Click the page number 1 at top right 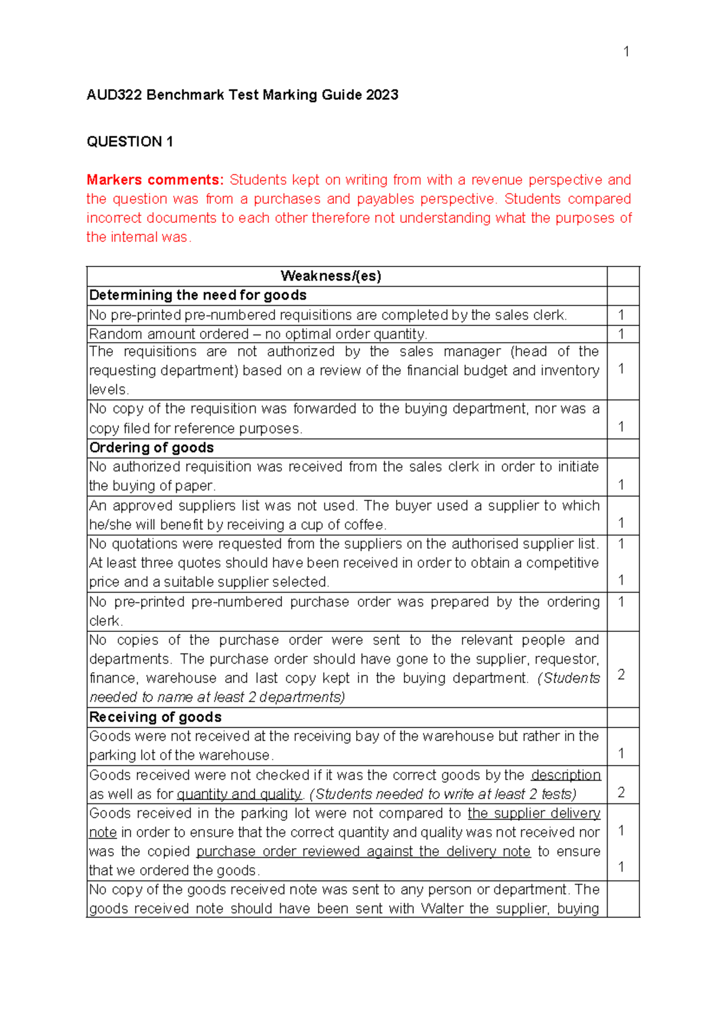point(626,52)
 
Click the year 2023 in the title point(382,95)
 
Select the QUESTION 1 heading point(130,142)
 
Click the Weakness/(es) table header point(330,276)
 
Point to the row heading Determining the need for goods point(198,295)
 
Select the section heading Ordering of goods point(151,447)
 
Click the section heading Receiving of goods point(155,717)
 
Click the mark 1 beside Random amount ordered point(621,334)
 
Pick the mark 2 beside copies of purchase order point(621,674)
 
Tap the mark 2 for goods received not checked point(621,792)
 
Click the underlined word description point(566,775)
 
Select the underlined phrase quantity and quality point(240,794)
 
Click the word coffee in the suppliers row point(364,525)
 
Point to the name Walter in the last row point(442,908)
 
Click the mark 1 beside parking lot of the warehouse point(621,753)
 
